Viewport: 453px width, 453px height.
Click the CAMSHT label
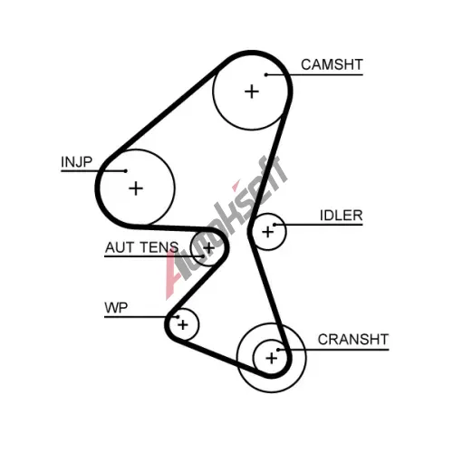(x=332, y=64)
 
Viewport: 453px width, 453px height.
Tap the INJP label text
(x=76, y=162)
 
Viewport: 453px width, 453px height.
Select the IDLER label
(x=342, y=216)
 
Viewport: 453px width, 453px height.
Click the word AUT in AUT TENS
(x=120, y=247)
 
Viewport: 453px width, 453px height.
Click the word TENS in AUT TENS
(x=159, y=247)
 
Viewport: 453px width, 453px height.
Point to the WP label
(x=116, y=308)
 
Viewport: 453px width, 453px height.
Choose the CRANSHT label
(x=353, y=340)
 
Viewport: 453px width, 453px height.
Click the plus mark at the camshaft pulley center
(x=252, y=92)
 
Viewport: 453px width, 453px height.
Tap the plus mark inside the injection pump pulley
(x=136, y=188)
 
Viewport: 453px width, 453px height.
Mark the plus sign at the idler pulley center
(x=267, y=232)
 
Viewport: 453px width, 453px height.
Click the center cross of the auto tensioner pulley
(x=208, y=248)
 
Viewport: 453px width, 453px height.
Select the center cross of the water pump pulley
(x=183, y=325)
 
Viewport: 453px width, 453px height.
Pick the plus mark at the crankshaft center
(x=271, y=359)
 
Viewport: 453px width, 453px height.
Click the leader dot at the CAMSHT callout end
(x=266, y=74)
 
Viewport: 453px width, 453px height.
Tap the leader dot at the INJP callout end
(x=126, y=171)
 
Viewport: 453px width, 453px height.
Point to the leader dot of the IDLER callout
(x=275, y=225)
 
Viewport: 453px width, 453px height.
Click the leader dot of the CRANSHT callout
(x=278, y=350)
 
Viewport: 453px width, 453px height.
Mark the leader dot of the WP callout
(x=178, y=317)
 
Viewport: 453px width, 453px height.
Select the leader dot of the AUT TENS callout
(x=203, y=256)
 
